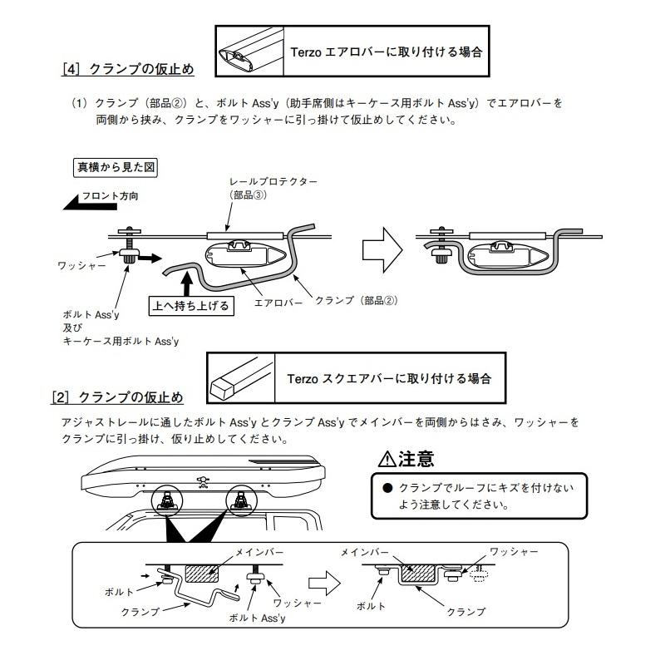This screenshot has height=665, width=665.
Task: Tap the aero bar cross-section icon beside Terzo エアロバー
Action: point(248,51)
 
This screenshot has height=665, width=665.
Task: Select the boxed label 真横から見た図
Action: point(116,166)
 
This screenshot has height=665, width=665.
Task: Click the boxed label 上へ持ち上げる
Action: point(190,305)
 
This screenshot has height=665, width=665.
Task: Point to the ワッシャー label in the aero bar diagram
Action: point(81,265)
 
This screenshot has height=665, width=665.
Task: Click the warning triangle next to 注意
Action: point(386,459)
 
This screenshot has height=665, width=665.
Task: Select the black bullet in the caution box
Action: point(387,489)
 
